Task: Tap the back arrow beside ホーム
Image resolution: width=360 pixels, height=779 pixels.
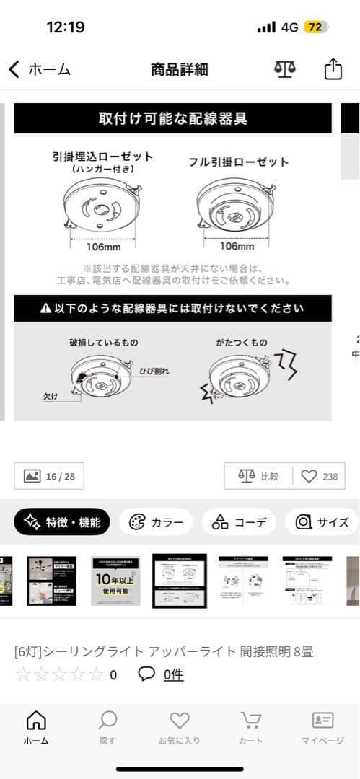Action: [x=14, y=69]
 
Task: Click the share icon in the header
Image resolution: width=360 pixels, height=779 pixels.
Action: [x=332, y=69]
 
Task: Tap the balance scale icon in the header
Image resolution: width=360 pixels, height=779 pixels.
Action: [x=285, y=69]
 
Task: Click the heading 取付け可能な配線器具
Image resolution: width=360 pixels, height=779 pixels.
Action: [x=172, y=118]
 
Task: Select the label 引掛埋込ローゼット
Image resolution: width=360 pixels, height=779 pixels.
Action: [x=102, y=156]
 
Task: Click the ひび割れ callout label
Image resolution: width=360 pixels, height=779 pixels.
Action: [x=154, y=371]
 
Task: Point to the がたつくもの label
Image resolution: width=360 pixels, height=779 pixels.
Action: [x=241, y=342]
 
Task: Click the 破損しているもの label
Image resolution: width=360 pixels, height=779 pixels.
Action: [x=103, y=342]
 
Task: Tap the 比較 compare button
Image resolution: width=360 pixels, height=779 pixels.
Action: [x=260, y=476]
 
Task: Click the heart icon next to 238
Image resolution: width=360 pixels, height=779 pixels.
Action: [x=309, y=476]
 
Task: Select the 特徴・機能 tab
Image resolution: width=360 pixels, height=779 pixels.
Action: [x=62, y=522]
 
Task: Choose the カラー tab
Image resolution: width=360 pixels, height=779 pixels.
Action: [x=156, y=522]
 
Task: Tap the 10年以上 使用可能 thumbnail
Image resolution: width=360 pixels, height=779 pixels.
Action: [x=115, y=581]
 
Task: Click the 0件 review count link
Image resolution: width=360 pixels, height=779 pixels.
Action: [x=173, y=675]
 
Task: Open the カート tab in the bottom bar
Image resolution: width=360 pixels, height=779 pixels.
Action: [x=250, y=727]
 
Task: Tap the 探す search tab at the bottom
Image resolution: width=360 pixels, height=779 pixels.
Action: [x=107, y=727]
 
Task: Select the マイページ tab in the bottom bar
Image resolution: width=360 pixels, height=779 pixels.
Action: [x=322, y=727]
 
